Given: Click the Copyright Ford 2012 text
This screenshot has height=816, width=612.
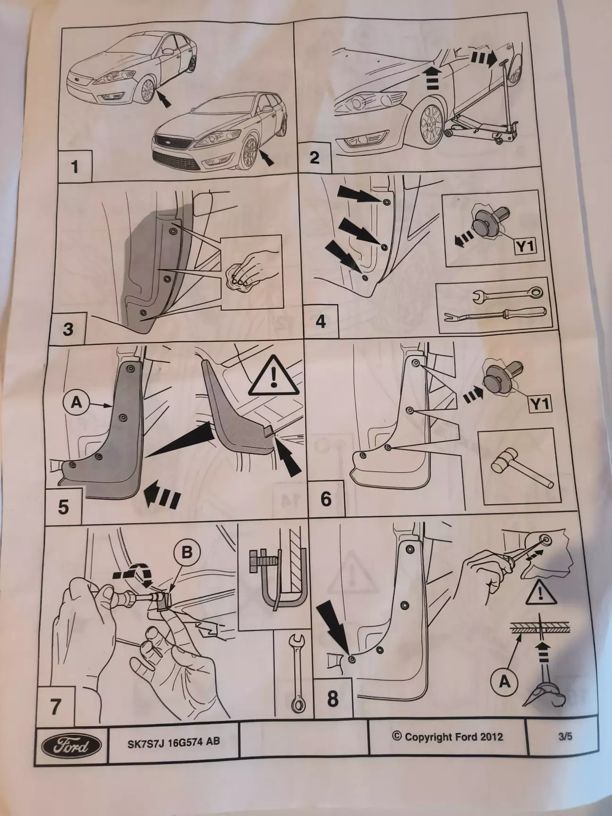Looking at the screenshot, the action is pos(447,736).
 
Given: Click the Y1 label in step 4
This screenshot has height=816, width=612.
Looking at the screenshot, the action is pos(524,246).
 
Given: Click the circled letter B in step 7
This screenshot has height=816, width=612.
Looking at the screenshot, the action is pos(187,552).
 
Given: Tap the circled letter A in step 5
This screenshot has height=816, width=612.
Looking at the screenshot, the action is pos(76,402).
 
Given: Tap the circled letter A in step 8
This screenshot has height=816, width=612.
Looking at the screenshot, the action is pos(505,682).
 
